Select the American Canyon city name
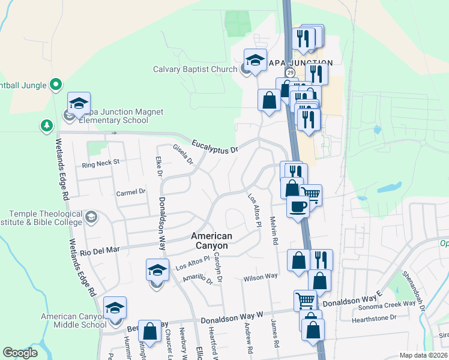pos(209,241)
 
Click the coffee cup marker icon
pos(298,208)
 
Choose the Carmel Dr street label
pos(131,192)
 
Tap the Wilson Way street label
pos(260,277)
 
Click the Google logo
pos(20,353)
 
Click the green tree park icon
pos(46,125)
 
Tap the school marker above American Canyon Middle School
pos(115,308)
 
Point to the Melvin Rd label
pos(275,230)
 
